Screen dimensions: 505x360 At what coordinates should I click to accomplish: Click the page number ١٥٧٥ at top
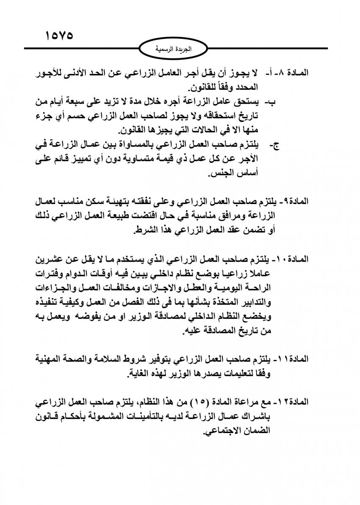(x=60, y=35)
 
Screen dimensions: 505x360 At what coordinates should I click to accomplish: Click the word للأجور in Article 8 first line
(x=49, y=73)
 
